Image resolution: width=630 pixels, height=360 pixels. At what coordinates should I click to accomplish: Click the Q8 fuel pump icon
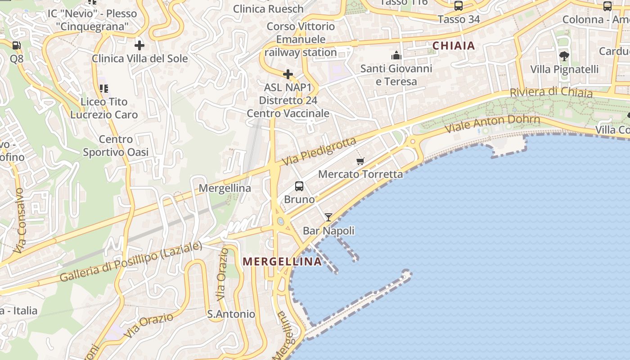[16, 45]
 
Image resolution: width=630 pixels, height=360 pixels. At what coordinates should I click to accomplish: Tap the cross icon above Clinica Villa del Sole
[139, 45]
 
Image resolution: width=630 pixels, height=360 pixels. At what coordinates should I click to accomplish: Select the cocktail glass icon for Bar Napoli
[328, 217]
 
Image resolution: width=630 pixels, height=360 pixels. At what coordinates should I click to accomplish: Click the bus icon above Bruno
[299, 186]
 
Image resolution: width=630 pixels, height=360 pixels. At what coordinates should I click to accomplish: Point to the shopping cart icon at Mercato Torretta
[360, 161]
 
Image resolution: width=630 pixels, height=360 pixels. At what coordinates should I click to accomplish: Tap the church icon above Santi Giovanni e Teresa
[396, 55]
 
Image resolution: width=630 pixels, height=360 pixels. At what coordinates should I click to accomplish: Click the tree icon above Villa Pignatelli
[564, 56]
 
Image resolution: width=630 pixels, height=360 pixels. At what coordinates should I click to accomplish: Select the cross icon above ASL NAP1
[288, 74]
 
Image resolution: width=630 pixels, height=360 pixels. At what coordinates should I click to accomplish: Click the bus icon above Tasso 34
[459, 6]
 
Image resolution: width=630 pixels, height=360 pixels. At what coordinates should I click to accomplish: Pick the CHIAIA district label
[454, 45]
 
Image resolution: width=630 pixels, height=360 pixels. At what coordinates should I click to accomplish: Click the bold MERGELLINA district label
[282, 261]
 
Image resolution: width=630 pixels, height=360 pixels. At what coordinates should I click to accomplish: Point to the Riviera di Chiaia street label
[551, 92]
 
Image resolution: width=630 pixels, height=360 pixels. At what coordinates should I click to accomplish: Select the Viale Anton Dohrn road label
[492, 123]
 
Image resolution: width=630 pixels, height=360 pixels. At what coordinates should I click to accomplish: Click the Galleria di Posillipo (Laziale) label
[131, 263]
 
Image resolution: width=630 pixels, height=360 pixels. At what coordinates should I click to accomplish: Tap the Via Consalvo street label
[19, 220]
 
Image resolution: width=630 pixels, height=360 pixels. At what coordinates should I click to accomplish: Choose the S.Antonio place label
[231, 314]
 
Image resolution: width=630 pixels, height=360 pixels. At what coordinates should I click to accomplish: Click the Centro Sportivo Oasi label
[116, 146]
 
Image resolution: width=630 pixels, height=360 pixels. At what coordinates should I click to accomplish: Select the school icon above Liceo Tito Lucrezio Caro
[104, 89]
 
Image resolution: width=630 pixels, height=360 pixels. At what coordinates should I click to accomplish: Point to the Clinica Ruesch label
[268, 9]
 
